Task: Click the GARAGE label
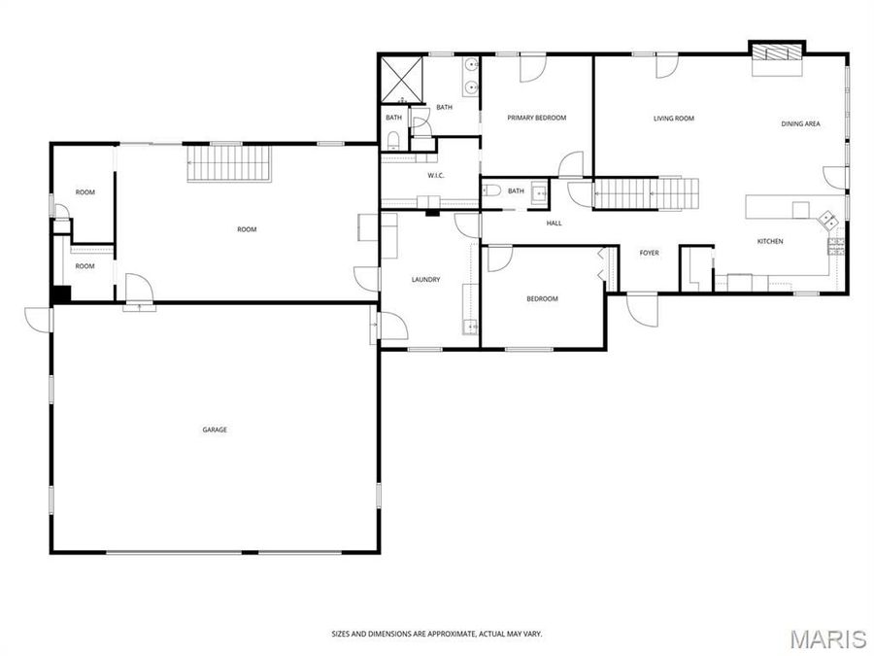215,430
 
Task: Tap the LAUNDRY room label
425,280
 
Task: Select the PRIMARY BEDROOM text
536,118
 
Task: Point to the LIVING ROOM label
673,119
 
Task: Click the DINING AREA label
801,123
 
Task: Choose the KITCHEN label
770,241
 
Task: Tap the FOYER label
649,253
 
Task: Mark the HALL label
554,223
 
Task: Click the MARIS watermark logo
827,639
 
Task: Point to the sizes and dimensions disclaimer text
436,634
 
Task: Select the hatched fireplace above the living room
777,55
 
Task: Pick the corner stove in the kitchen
827,220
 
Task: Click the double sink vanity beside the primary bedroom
472,78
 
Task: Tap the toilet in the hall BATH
491,191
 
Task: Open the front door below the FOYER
641,308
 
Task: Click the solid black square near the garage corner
60,293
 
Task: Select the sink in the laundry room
471,327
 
